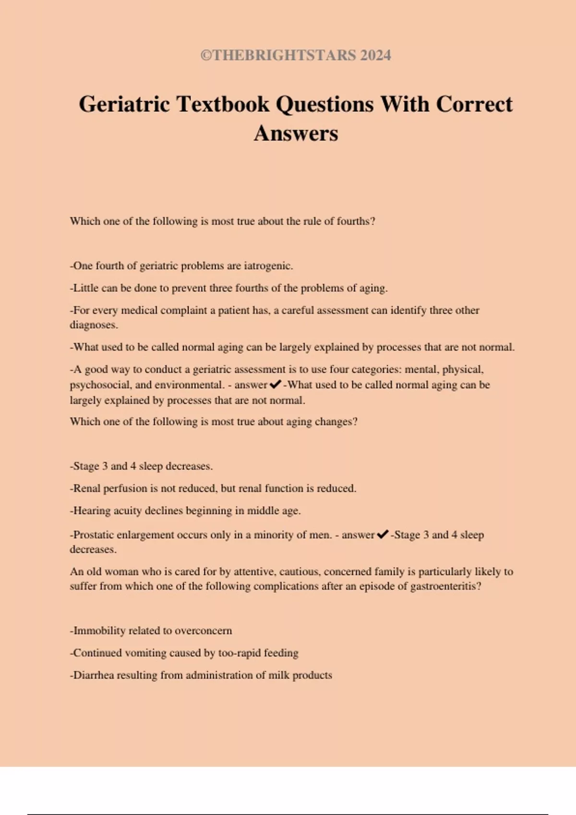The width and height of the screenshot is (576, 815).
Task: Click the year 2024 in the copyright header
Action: click(x=375, y=56)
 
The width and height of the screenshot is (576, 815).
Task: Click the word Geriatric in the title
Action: click(x=124, y=105)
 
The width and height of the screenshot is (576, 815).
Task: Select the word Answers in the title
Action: click(x=296, y=134)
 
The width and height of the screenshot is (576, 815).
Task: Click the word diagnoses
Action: click(x=94, y=325)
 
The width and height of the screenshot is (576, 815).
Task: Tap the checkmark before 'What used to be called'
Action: click(x=276, y=384)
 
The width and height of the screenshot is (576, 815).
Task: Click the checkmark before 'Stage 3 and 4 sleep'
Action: click(x=383, y=535)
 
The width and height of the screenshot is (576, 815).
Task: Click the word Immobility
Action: click(x=99, y=631)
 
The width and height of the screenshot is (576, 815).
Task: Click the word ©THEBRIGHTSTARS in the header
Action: click(x=278, y=56)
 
